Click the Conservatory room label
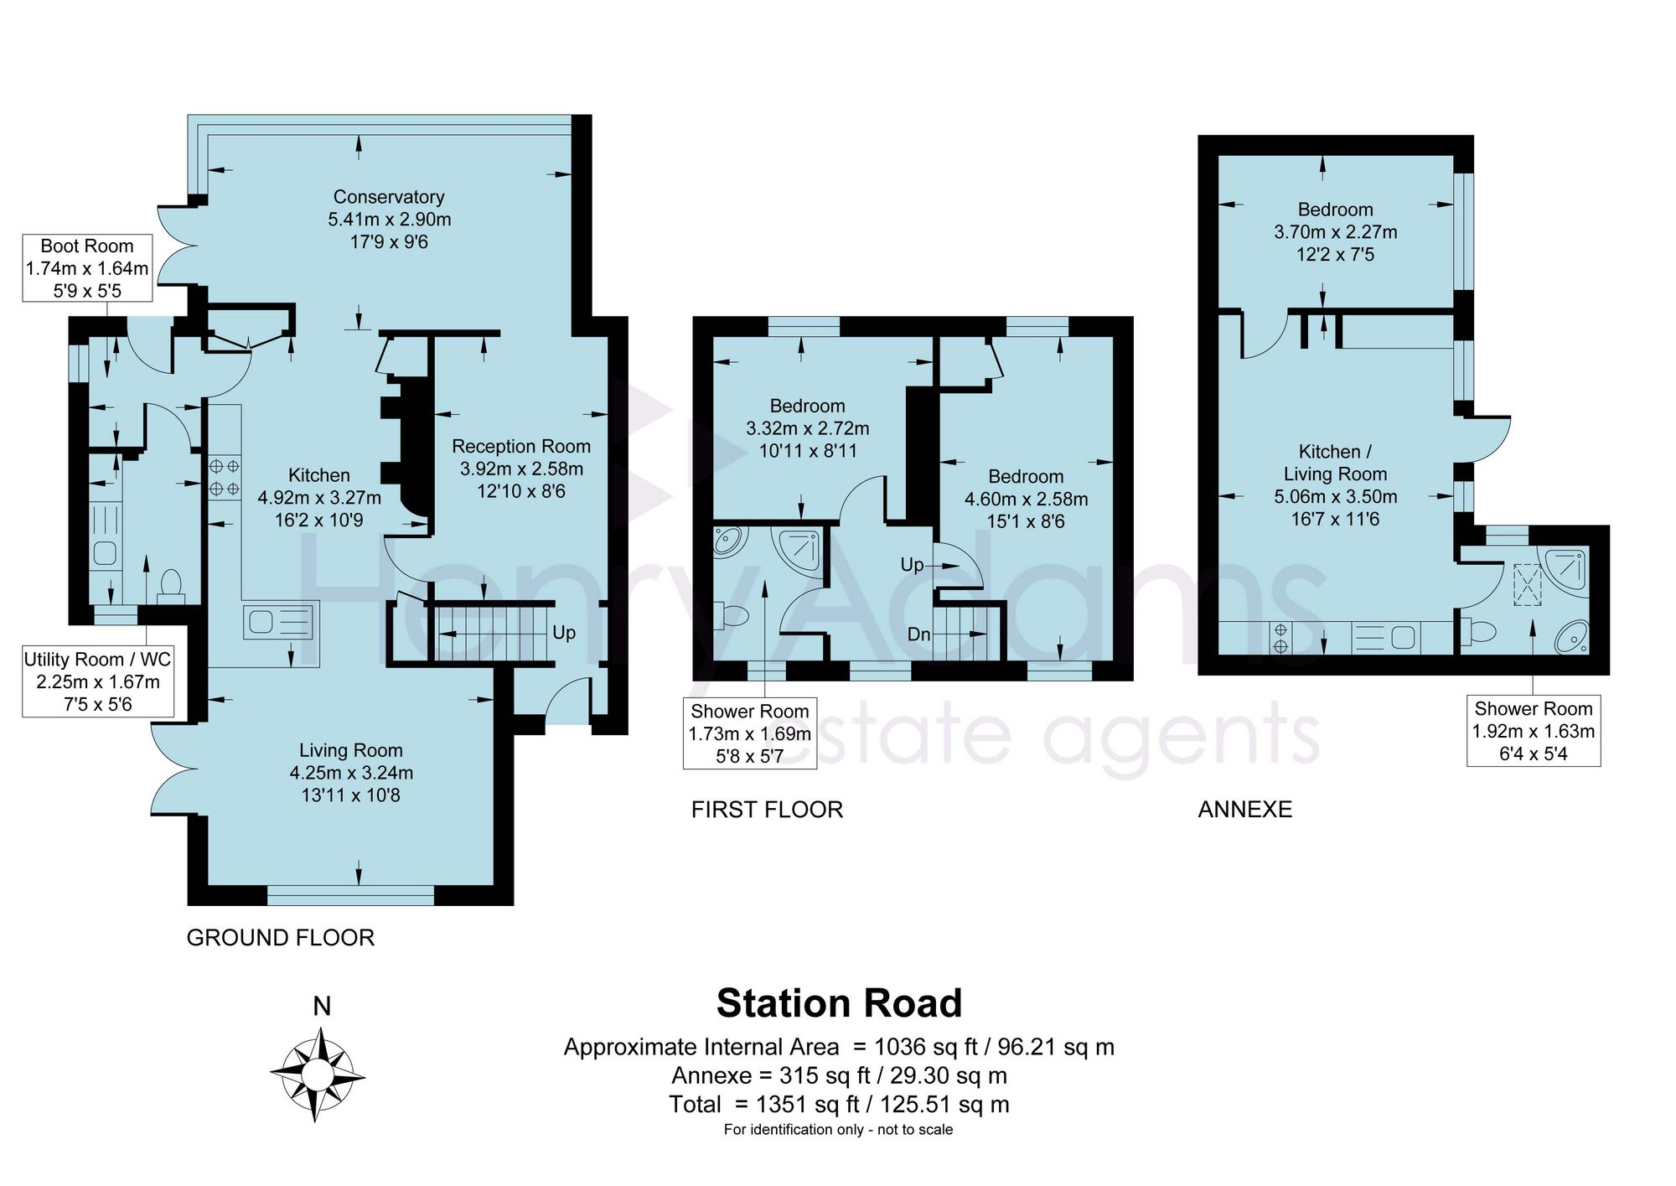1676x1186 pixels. tap(389, 197)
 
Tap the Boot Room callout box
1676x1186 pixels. tap(87, 268)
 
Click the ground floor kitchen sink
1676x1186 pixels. tap(280, 622)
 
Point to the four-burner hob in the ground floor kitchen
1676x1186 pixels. tap(225, 477)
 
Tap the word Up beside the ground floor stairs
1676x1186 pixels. tap(564, 633)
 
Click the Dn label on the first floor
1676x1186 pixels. tap(919, 634)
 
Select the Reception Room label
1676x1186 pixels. tap(521, 447)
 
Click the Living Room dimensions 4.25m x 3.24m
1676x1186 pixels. tap(351, 773)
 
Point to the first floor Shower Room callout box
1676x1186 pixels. tap(750, 733)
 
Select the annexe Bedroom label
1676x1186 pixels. tap(1336, 210)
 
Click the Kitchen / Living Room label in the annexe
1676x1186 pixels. tap(1336, 463)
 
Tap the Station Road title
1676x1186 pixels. tap(840, 1003)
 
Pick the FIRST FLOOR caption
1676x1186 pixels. tap(768, 810)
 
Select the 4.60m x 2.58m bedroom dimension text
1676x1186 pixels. tap(1027, 500)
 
